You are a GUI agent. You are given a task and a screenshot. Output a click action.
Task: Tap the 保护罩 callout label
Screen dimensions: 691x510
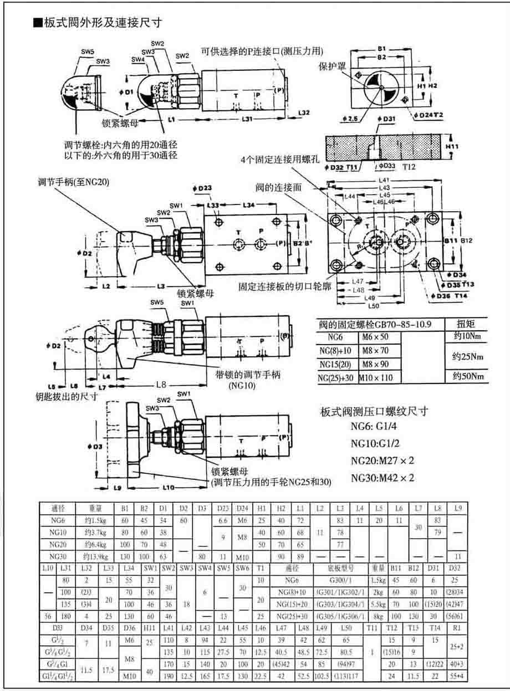coord(332,65)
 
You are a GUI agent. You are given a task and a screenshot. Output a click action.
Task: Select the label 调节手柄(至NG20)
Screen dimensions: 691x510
coord(73,181)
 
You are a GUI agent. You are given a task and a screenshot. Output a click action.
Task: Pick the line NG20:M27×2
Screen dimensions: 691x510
coord(382,460)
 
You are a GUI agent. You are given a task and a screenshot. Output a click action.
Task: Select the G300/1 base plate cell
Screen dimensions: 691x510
coord(339,581)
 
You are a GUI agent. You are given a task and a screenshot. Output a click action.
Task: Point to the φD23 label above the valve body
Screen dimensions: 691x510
coord(203,188)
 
